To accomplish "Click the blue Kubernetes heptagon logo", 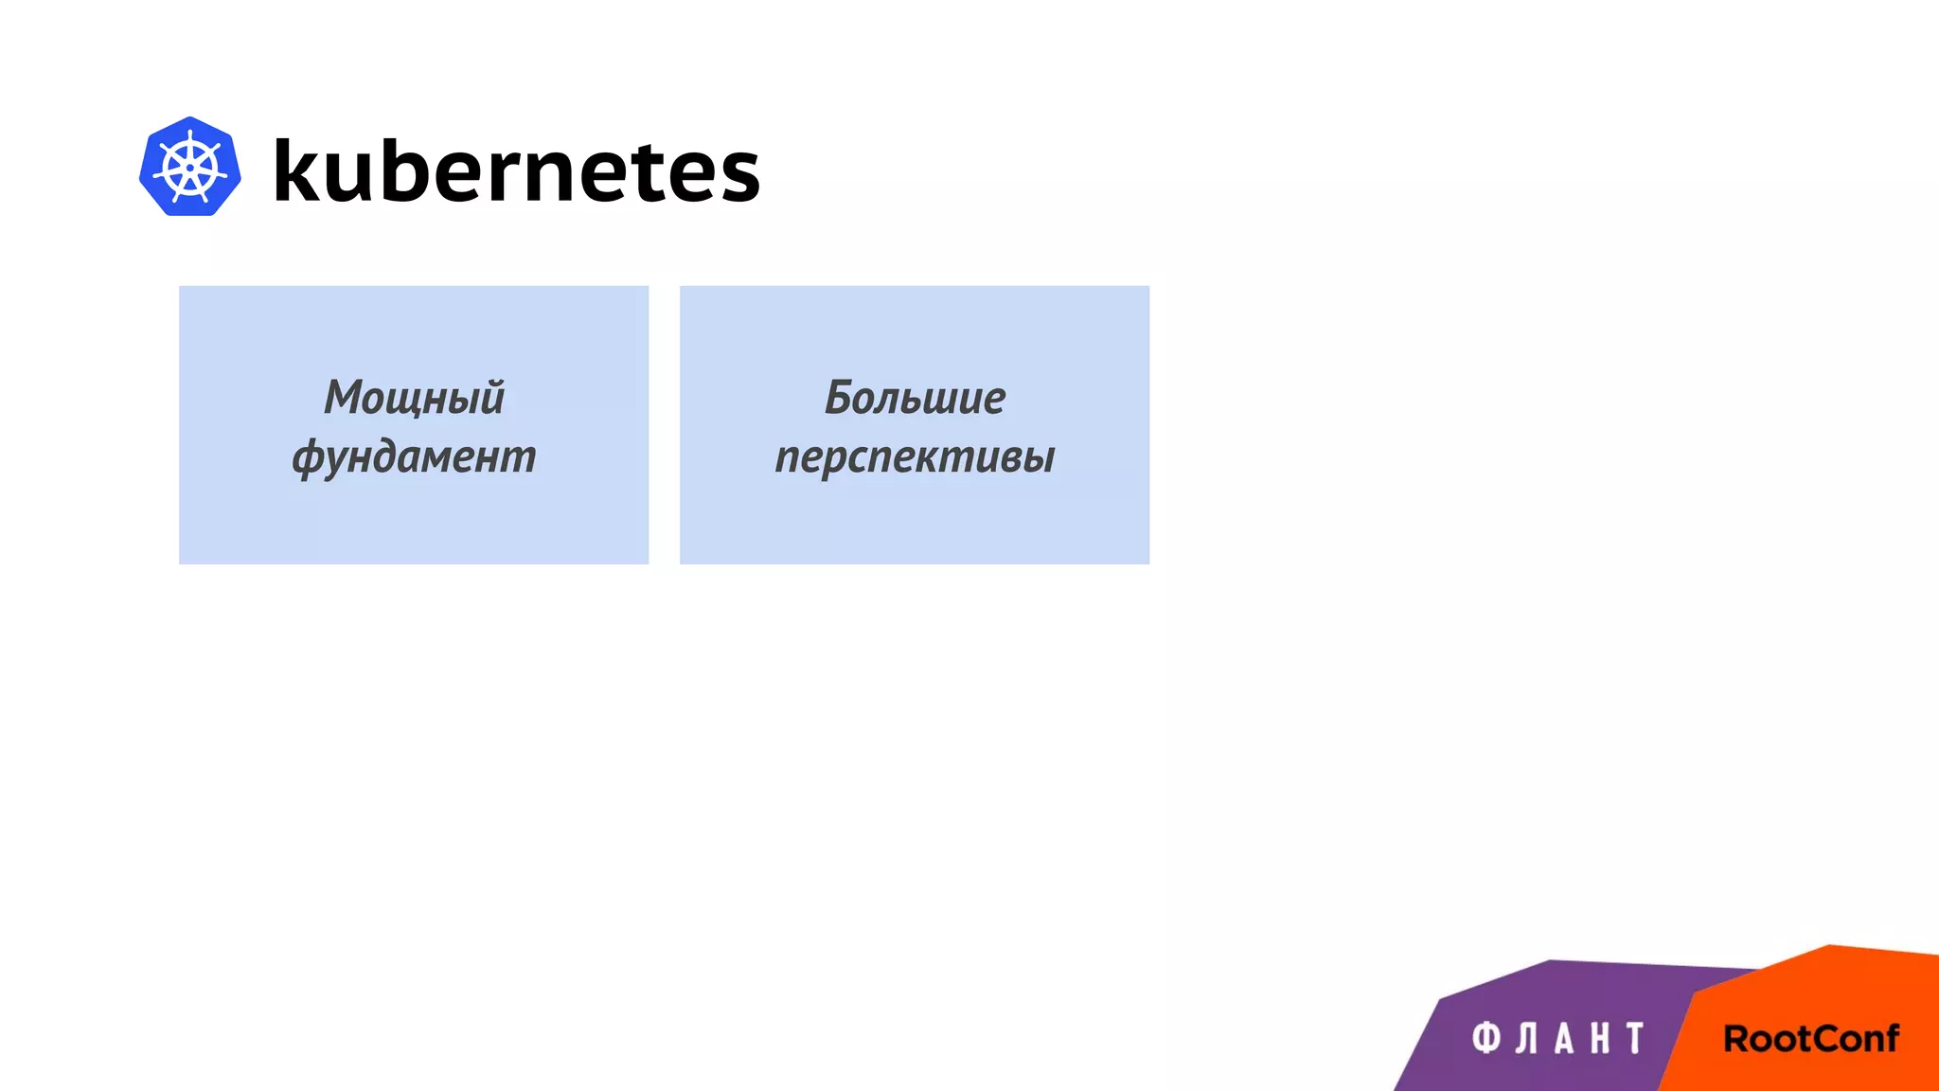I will click(189, 167).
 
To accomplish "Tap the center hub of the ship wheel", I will click(190, 169).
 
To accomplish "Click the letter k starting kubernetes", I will click(296, 170).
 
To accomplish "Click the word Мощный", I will click(414, 398).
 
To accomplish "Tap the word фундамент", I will click(414, 456).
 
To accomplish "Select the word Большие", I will click(915, 398).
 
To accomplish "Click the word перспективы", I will click(915, 456).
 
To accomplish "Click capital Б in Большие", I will click(841, 398).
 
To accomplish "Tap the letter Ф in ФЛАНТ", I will click(1486, 1038).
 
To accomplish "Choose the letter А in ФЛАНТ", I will click(1564, 1039).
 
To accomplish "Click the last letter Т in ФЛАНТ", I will click(1635, 1038).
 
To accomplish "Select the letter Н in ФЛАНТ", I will click(1600, 1039).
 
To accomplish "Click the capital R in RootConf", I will click(1736, 1039).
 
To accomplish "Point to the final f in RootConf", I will click(1891, 1038).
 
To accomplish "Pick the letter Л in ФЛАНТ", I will click(1525, 1039).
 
